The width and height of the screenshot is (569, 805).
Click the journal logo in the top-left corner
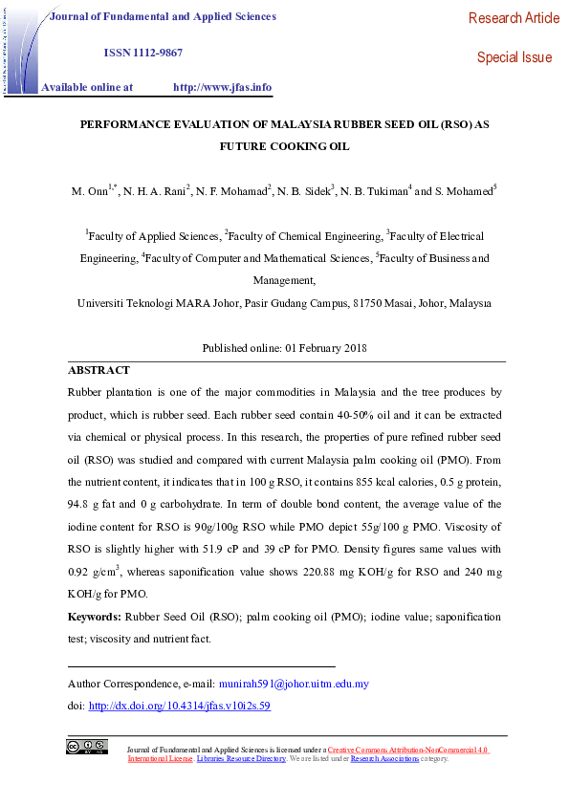point(22,50)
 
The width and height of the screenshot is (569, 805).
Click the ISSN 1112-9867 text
point(142,53)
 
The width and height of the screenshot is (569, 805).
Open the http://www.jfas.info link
point(222,87)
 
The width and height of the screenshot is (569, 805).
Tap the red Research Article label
point(514,18)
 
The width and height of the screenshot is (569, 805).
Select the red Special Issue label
point(514,57)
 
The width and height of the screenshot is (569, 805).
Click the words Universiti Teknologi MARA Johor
point(145,303)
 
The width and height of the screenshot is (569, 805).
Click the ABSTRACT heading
point(98,370)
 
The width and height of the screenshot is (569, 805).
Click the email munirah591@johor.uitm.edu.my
point(294,684)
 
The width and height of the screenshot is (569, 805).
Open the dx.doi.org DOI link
point(179,706)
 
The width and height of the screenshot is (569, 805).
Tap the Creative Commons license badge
point(86,747)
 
